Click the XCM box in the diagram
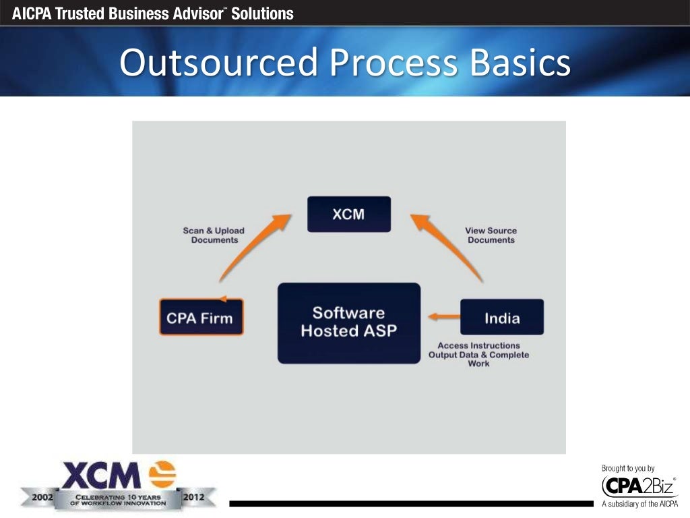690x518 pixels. [x=348, y=214]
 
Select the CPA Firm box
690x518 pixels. [x=201, y=317]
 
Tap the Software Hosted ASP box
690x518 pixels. [x=348, y=322]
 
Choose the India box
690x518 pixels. [x=501, y=317]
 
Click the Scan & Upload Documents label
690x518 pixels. [x=214, y=235]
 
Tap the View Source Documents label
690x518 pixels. [x=491, y=235]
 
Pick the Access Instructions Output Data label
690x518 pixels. [x=478, y=355]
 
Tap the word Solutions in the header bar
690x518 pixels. [x=262, y=13]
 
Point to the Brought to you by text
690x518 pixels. [x=627, y=468]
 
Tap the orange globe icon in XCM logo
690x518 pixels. [x=161, y=474]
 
